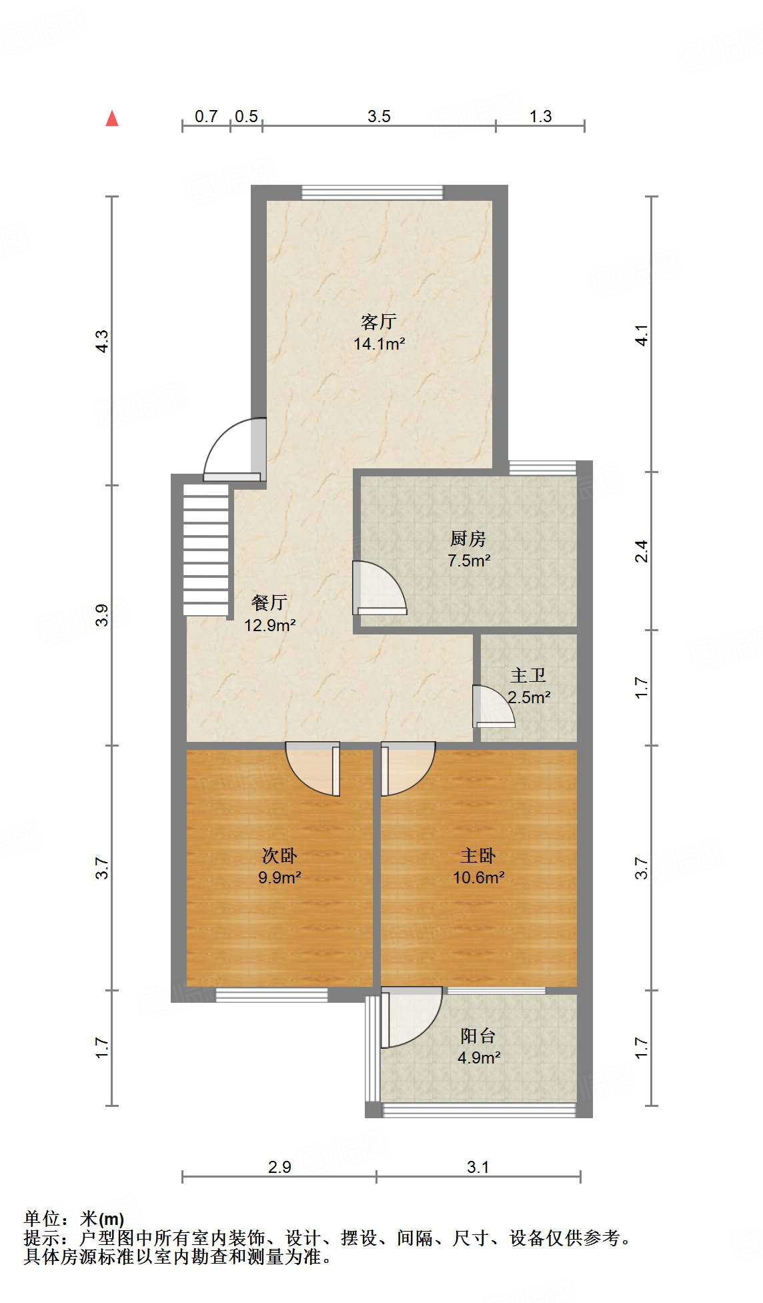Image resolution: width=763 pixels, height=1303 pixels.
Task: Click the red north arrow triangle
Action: [x=112, y=119]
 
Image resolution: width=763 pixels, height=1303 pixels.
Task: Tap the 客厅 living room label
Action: [x=378, y=322]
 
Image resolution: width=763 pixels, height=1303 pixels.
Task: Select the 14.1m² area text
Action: [x=379, y=344]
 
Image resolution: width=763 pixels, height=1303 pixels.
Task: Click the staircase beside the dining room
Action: [x=206, y=550]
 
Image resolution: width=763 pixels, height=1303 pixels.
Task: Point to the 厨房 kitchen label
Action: [x=468, y=538]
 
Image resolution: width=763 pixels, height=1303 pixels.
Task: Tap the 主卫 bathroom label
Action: [x=528, y=676]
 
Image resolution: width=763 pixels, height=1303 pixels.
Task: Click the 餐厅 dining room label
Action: [x=269, y=603]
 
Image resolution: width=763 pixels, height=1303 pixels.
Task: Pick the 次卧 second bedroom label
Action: [x=279, y=855]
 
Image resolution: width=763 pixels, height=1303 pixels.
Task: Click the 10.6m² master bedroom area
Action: [x=478, y=878]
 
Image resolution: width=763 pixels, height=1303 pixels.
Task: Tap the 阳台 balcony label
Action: [x=478, y=1035]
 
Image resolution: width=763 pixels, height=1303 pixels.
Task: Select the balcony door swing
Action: [x=410, y=1017]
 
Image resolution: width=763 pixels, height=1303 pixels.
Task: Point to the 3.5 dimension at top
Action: [x=379, y=116]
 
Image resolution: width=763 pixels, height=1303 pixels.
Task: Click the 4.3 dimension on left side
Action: [x=101, y=341]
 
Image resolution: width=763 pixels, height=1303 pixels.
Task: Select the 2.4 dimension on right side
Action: [x=641, y=551]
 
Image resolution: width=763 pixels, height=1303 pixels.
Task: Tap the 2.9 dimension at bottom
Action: [x=279, y=1167]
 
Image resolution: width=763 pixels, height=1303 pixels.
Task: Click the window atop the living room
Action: [x=372, y=193]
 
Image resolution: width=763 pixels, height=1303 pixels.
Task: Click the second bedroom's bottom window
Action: [x=271, y=995]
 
